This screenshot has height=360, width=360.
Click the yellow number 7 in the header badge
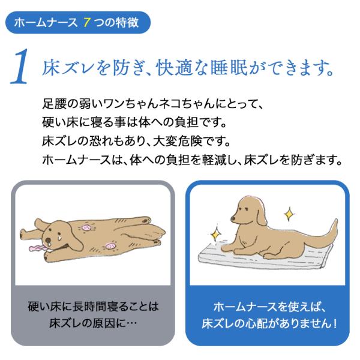point(86,23)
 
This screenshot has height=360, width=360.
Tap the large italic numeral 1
point(20,67)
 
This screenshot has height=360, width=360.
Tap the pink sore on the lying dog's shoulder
point(86,227)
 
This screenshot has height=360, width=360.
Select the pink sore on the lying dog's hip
point(110,246)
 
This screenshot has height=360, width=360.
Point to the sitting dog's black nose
point(233,218)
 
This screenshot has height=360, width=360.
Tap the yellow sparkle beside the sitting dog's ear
point(289,214)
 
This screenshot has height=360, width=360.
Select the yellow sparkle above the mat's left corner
point(215,234)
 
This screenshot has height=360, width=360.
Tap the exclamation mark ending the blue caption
point(335,323)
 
